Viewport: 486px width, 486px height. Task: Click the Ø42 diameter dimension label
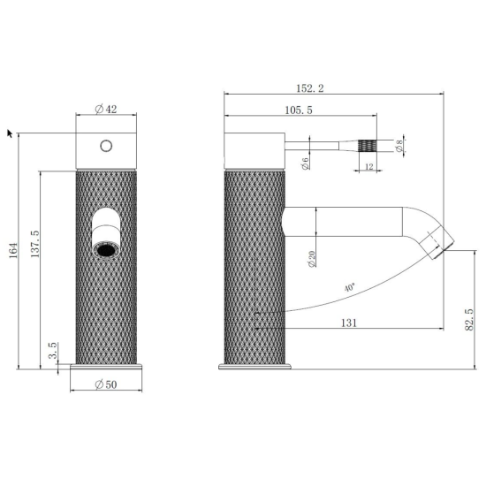click(106, 109)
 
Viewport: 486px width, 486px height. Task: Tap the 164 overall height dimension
click(13, 251)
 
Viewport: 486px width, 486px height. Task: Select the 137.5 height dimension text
click(34, 244)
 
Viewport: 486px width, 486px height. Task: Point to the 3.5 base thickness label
click(53, 350)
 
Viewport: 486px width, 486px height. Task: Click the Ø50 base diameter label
click(106, 384)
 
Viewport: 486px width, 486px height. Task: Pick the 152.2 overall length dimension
click(310, 88)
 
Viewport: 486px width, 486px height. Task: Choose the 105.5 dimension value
click(299, 110)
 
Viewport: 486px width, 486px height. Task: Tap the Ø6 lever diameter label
click(306, 163)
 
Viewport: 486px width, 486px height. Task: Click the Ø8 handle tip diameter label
click(399, 146)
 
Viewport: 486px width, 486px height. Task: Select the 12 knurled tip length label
click(368, 167)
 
